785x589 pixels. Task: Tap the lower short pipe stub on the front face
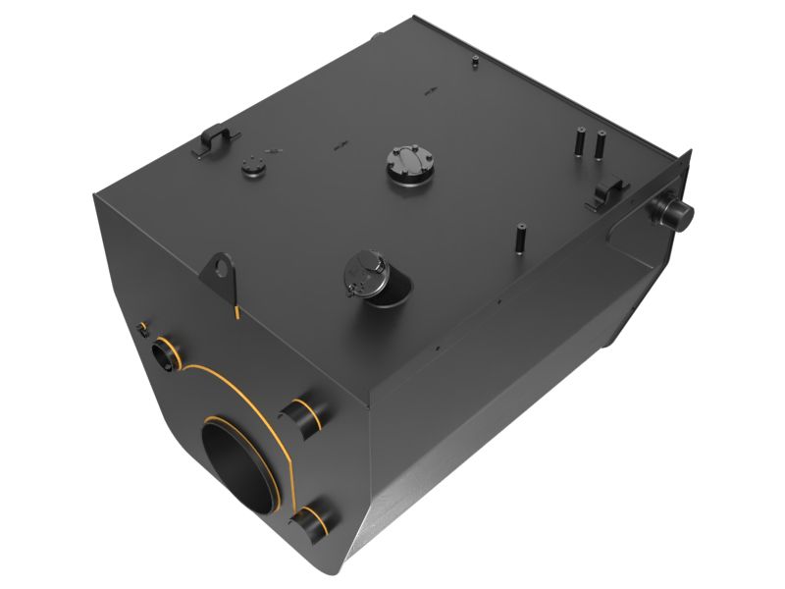click(x=312, y=518)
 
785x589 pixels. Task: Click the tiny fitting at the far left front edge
click(x=143, y=328)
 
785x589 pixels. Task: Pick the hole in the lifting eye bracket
click(x=224, y=266)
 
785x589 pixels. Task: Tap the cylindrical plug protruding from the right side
click(x=676, y=209)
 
